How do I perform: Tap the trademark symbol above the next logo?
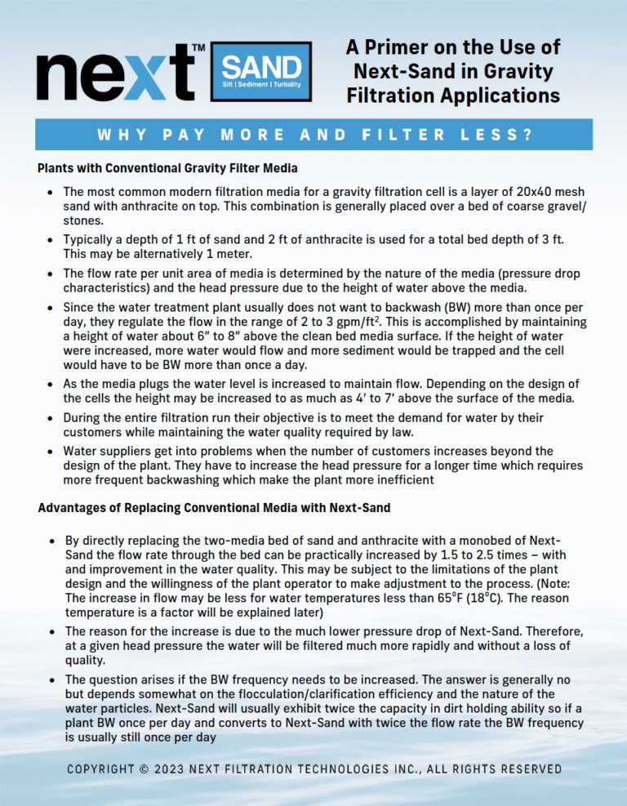(198, 49)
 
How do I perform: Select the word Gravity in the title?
(522, 71)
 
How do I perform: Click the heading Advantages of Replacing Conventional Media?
(214, 508)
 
